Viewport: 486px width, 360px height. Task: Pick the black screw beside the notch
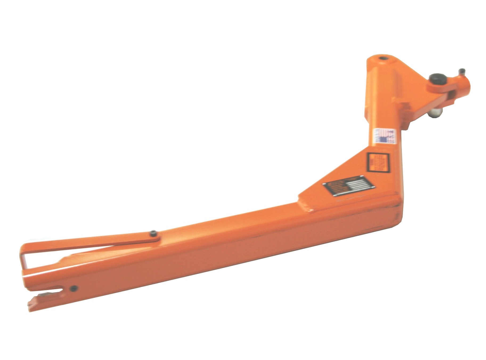tap(73, 288)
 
